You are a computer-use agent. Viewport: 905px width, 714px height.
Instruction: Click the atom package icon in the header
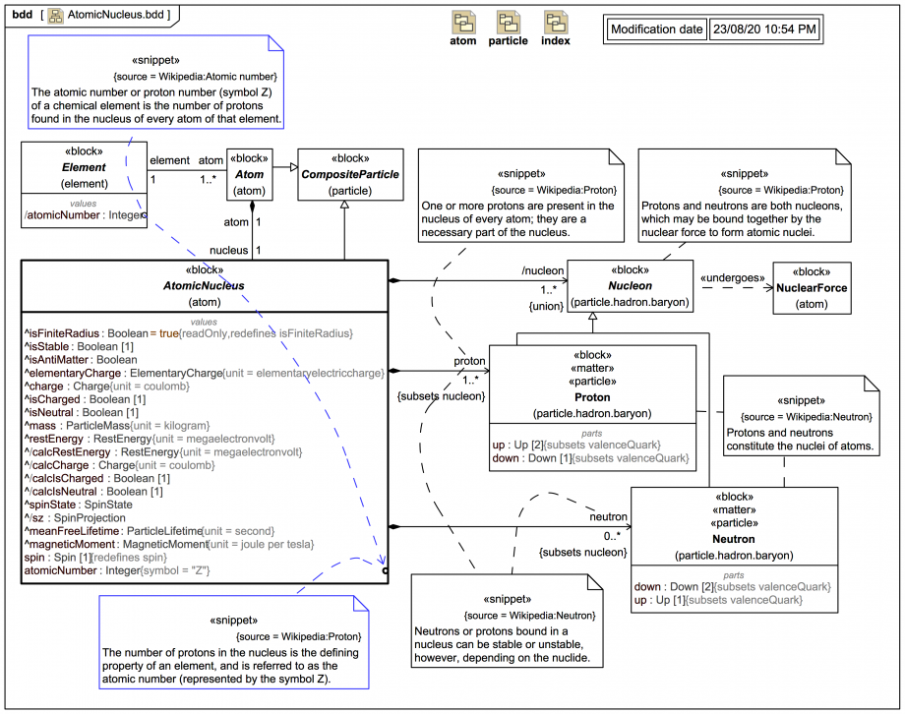pos(463,24)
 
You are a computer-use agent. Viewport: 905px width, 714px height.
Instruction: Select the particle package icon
pos(508,24)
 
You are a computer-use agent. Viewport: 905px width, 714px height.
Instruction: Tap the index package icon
pos(556,24)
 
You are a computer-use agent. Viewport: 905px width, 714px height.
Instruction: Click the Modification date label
pos(656,30)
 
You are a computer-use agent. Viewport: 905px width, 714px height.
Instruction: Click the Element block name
pos(84,168)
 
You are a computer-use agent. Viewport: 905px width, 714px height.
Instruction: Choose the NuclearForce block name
pos(812,288)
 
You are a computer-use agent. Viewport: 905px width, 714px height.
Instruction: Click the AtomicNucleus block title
pos(204,287)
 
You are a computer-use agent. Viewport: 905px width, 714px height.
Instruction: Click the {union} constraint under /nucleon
pos(546,306)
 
